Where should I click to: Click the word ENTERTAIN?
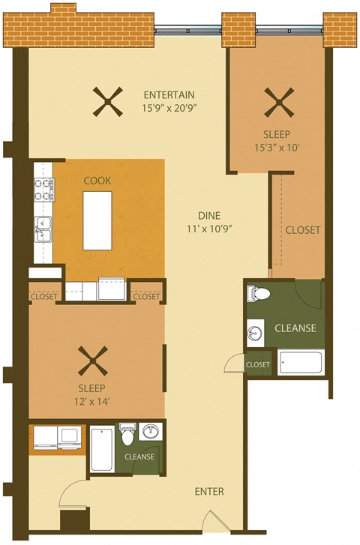pos(169,94)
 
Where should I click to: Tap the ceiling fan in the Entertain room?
pos(108,102)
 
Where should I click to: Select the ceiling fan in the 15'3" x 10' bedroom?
pos(277,102)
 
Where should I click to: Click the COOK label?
pos(97,181)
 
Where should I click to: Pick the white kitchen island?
pos(97,220)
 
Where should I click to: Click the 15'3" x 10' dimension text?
pos(277,148)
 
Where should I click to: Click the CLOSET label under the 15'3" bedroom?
pos(303,229)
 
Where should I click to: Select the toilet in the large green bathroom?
pos(259,293)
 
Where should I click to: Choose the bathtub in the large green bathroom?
pos(301,363)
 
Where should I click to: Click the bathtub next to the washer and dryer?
pos(102,449)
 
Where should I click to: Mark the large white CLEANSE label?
pos(295,328)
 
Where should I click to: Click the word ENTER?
pos(209,492)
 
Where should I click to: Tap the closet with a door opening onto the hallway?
pos(257,364)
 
